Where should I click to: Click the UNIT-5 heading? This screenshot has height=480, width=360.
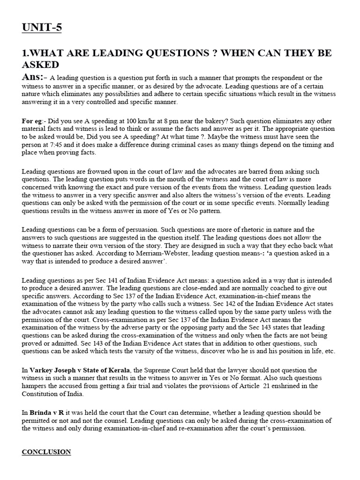(x=42, y=28)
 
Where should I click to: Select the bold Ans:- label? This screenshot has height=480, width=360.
(x=34, y=77)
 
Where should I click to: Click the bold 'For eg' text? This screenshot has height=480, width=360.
(x=31, y=121)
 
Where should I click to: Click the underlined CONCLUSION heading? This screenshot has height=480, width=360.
(x=46, y=452)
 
